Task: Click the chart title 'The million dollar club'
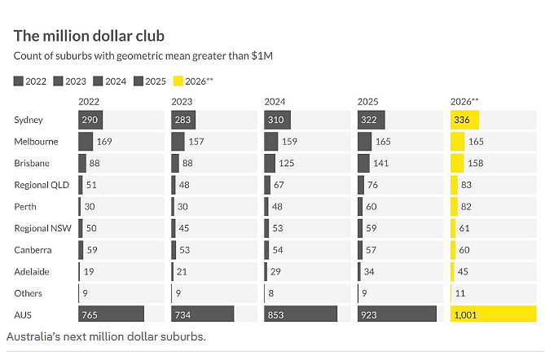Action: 89,36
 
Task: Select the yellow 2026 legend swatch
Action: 178,81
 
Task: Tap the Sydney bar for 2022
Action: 90,120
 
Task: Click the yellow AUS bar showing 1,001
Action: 493,314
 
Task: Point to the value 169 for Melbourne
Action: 104,142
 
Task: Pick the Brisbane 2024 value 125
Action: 287,164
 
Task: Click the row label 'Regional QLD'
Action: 42,185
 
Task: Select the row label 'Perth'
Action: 25,207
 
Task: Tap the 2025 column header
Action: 367,102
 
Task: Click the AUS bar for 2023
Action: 203,314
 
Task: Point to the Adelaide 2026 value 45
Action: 463,272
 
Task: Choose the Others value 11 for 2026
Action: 459,293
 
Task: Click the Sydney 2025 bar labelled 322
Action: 371,120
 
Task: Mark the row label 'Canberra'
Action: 33,250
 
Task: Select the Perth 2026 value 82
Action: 466,207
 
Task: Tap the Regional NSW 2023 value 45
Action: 184,228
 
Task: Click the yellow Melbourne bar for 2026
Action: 458,142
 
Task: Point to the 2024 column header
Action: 275,102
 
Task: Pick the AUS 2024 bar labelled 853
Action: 301,314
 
